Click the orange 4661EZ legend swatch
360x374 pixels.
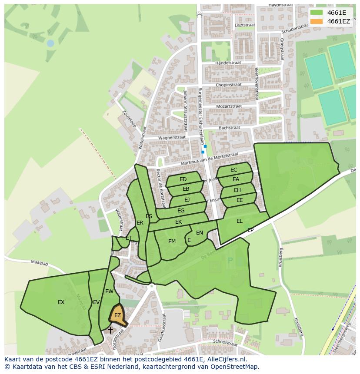point(317,21)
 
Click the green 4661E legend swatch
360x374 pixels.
point(317,13)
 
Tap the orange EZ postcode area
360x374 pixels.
point(117,316)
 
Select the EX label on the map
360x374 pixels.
point(61,302)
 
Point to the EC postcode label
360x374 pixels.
point(234,170)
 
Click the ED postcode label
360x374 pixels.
point(183,179)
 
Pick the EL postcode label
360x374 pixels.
point(240,221)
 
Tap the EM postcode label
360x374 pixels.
point(172,242)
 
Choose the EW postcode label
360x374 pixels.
point(109,291)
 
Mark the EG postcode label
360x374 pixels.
point(181,211)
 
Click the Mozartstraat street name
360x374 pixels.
point(229,106)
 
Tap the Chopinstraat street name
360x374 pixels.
point(228,85)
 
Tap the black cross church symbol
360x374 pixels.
point(110,330)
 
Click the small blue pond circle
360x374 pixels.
point(51,43)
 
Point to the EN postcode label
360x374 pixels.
point(200,233)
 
